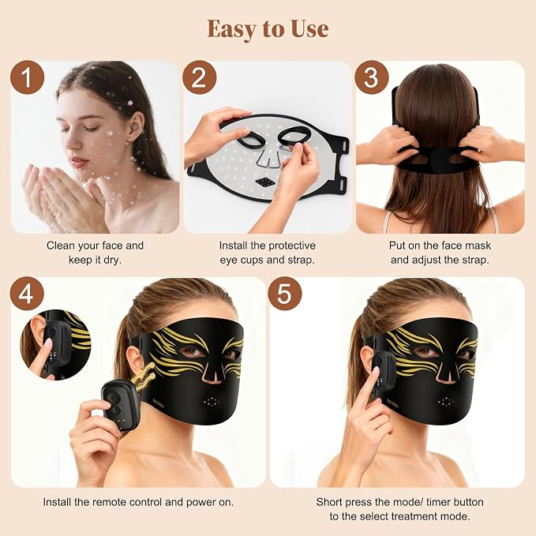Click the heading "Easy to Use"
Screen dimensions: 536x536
[x=268, y=28]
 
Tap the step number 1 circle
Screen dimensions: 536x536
[x=28, y=77]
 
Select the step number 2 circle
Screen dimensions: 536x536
[x=199, y=77]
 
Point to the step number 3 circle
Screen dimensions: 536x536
[x=372, y=77]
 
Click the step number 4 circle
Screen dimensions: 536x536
[x=27, y=294]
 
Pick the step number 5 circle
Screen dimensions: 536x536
[x=284, y=294]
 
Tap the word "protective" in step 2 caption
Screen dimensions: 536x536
[x=291, y=246]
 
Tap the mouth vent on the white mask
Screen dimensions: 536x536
[x=265, y=182]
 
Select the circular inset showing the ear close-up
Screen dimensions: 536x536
[x=56, y=345]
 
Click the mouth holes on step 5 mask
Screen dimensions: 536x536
[x=445, y=401]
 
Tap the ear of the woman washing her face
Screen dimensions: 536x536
[x=134, y=127]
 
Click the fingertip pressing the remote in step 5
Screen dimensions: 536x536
[x=375, y=372]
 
